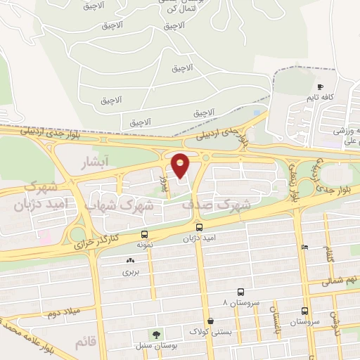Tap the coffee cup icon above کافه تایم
click(x=318, y=87)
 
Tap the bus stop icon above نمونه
click(x=144, y=234)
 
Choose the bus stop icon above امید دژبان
click(x=200, y=228)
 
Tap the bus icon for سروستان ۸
click(x=241, y=292)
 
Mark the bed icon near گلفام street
click(x=304, y=247)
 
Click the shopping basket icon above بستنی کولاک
click(x=210, y=320)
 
